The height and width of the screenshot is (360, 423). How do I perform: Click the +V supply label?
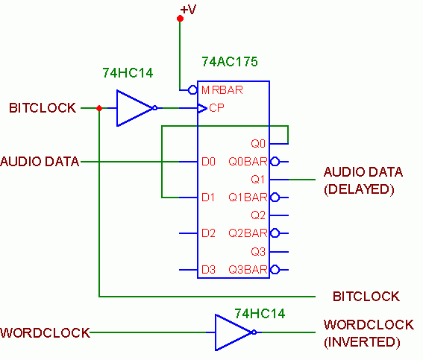tap(188, 10)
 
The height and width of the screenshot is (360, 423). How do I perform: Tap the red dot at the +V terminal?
tap(181, 19)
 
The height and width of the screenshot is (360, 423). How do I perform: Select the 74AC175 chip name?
tap(230, 62)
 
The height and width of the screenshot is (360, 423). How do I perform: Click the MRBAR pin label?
tap(222, 90)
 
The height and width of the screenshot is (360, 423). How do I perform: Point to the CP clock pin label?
tap(216, 108)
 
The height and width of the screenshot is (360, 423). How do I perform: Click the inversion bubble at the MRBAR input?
tap(192, 90)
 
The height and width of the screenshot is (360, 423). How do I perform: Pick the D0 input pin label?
tap(208, 162)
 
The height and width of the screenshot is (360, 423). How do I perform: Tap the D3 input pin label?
tap(208, 270)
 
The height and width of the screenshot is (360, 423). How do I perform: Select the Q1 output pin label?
tap(258, 179)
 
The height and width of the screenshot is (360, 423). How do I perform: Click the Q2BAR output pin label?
tap(248, 233)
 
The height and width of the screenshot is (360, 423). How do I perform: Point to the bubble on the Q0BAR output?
tap(275, 162)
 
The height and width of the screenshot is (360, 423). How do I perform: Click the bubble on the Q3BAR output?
tap(275, 270)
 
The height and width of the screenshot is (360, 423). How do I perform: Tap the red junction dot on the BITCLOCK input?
tap(99, 108)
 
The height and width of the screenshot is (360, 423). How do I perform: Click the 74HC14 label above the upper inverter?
tap(128, 73)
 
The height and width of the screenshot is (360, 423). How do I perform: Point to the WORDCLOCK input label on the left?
tap(45, 332)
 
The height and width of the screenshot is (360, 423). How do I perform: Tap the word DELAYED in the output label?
tap(359, 189)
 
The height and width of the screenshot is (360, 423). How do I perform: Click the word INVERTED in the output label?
tap(362, 342)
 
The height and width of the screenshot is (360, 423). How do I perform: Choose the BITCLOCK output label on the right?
tap(366, 297)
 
